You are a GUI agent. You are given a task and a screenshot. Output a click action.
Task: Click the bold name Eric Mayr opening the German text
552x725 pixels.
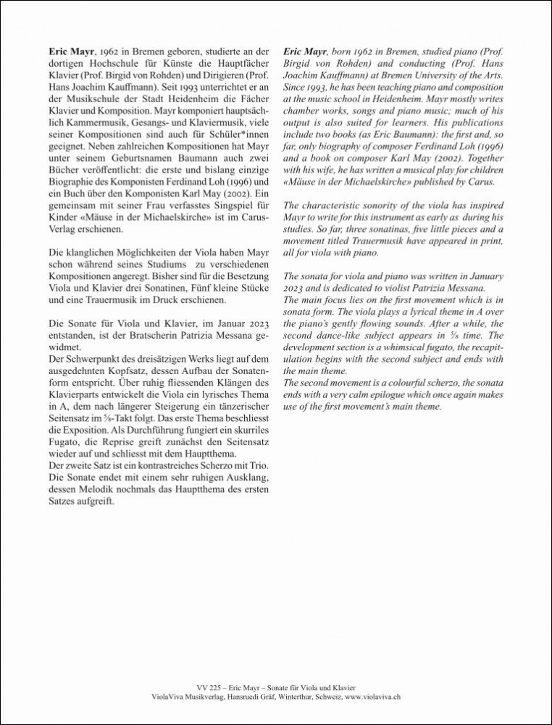click(x=71, y=53)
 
